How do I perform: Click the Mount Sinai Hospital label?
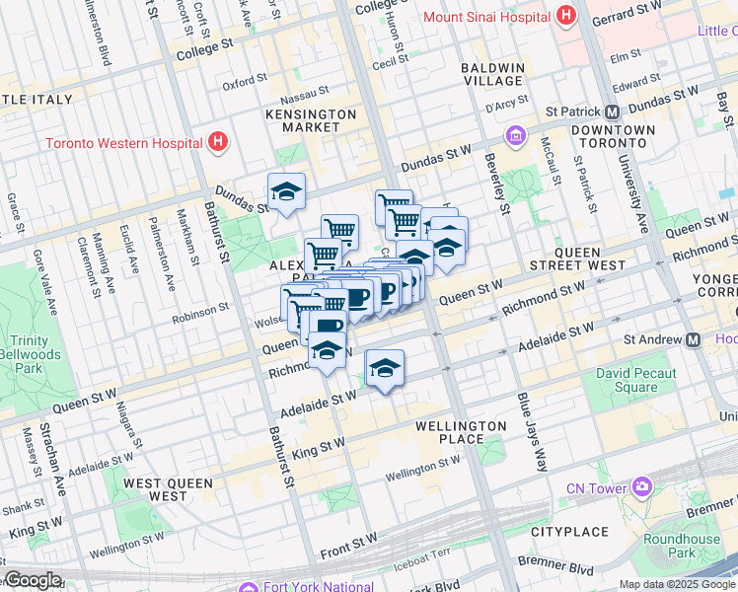pos(486,17)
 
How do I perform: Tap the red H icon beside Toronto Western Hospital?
pos(218,142)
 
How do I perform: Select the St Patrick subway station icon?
pos(612,111)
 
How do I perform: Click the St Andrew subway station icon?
pos(694,339)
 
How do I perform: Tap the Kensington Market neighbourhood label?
pos(311,120)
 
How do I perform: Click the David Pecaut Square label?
pos(635,380)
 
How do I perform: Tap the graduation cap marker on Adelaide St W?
pos(385,370)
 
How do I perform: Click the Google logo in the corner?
pos(33,580)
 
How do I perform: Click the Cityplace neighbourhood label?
pos(569,532)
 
